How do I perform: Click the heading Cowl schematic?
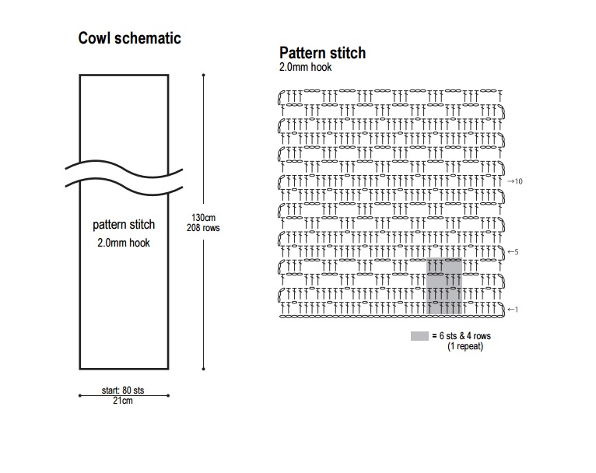tap(130, 38)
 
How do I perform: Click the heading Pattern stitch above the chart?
tap(322, 54)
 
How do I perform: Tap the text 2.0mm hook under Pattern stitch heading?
tap(306, 68)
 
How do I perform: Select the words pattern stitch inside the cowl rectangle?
tap(124, 225)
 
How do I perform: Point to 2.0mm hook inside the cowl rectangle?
tap(124, 243)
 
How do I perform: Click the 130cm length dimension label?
tap(202, 218)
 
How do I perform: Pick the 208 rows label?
tap(202, 228)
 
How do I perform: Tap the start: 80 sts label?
tap(124, 389)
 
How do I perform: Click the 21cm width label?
tap(124, 401)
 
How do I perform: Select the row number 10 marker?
tap(516, 181)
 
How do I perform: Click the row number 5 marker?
tap(514, 252)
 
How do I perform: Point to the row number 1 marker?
tap(513, 310)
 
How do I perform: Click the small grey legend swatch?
tap(419, 335)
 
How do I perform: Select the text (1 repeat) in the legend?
tap(465, 346)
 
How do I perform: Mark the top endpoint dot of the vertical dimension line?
tap(203, 75)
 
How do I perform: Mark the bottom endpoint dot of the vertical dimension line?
tap(203, 368)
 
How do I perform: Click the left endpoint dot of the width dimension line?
tap(79, 395)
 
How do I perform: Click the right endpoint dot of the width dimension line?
tap(169, 395)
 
